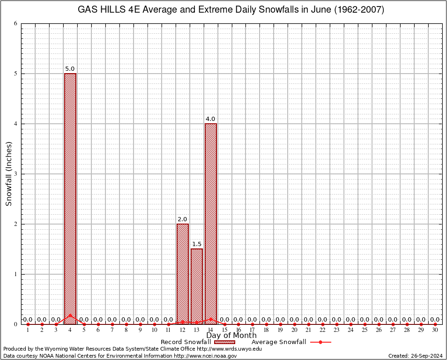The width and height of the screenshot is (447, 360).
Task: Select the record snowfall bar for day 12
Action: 182,274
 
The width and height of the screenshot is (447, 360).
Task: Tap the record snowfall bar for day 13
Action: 196,286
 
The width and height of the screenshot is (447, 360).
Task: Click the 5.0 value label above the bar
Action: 70,69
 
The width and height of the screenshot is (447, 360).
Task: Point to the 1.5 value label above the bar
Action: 196,244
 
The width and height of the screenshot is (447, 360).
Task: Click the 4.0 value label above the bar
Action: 210,119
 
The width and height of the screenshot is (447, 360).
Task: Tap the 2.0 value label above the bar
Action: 182,219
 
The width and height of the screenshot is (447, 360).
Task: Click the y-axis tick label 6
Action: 16,23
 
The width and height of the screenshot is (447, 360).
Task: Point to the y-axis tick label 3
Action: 16,174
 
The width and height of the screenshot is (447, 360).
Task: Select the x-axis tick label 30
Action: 435,330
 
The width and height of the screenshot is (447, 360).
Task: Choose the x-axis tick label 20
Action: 294,330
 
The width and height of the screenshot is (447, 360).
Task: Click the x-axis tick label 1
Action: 28,330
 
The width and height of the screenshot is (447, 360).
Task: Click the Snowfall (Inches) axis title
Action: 8,174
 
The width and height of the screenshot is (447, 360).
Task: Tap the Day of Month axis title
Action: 231,336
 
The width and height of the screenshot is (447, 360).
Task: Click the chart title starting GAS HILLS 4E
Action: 231,10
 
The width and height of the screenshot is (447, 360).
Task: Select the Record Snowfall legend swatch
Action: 224,342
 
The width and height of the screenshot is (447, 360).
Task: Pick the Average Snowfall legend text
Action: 279,342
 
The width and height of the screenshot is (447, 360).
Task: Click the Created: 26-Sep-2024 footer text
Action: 415,356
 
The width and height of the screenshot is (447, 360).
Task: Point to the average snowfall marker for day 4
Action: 70,315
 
